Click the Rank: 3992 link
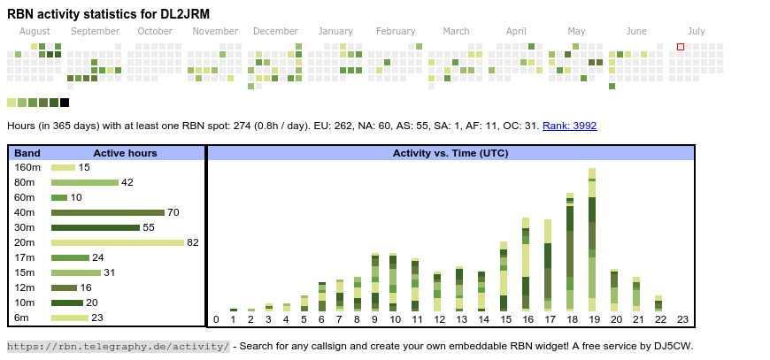(569, 126)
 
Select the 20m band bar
(117, 242)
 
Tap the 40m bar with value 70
(108, 212)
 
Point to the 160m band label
(27, 167)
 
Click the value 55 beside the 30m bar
(149, 227)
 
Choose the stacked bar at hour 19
(592, 239)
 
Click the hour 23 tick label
(682, 319)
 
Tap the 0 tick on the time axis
(216, 319)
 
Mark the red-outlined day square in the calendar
(681, 47)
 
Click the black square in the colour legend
(65, 103)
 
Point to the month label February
(395, 31)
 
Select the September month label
(95, 31)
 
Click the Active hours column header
(125, 153)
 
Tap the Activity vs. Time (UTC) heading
(450, 153)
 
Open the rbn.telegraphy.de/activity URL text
(119, 346)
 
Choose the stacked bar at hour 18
(570, 251)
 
